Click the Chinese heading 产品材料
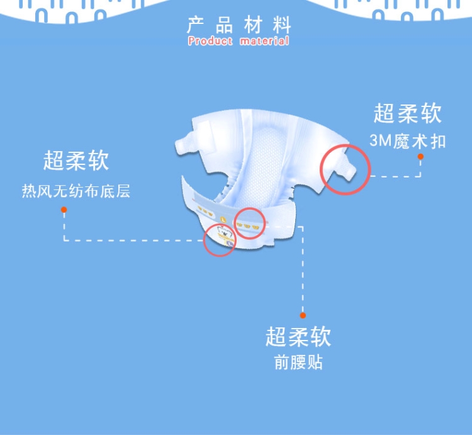[x=239, y=26]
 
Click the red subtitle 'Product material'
[x=239, y=41]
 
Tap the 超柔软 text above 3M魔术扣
[x=408, y=113]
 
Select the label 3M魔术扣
[x=408, y=141]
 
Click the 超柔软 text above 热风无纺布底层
[x=76, y=161]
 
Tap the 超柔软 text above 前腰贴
[x=298, y=337]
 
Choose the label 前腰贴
[x=298, y=364]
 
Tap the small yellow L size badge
[x=223, y=218]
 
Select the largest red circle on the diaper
[x=345, y=169]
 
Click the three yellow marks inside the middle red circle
[x=249, y=223]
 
